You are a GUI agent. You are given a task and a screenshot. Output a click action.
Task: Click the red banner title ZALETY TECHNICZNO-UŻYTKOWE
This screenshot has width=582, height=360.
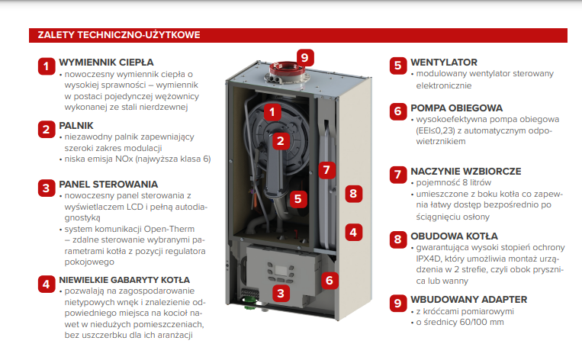coord(119,35)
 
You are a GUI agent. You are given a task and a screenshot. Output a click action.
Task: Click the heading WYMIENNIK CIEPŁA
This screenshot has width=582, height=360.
coord(106,63)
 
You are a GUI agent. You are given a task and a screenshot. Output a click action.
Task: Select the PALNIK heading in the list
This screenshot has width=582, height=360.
coord(76,125)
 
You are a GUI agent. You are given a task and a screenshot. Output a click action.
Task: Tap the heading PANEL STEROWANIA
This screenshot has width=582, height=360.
coord(108,184)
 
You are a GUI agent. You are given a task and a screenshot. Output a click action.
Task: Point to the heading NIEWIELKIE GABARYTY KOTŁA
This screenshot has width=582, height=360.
coord(124,280)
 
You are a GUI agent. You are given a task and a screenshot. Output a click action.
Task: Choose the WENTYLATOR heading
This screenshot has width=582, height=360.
coord(444,63)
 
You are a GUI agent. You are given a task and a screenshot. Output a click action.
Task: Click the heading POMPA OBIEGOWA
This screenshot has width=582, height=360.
coord(457,108)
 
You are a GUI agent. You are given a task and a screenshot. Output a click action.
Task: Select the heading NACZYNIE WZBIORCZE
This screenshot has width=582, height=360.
coord(466,171)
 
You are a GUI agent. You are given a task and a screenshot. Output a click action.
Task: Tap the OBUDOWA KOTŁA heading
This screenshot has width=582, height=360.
coord(455,236)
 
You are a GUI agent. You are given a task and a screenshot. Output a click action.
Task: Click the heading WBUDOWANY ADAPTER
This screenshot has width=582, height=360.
coord(469,299)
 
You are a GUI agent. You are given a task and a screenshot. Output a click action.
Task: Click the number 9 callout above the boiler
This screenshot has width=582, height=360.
coord(305,57)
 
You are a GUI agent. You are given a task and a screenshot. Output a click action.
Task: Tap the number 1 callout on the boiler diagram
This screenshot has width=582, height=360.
coord(272,111)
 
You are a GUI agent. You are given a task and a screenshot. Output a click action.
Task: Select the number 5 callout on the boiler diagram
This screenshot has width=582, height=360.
coord(298,199)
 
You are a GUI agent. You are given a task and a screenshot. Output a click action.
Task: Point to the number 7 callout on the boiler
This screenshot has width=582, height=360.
coord(326,170)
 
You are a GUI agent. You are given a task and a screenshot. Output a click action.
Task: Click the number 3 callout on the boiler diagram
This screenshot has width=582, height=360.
coord(281,293)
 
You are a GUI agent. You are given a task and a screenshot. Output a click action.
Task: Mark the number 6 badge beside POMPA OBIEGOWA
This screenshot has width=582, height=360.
coord(398,111)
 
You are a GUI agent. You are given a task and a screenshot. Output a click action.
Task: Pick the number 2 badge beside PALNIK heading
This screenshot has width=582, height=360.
coord(47,129)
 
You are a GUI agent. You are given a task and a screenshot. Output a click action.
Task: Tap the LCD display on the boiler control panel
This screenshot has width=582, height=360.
coord(280,270)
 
